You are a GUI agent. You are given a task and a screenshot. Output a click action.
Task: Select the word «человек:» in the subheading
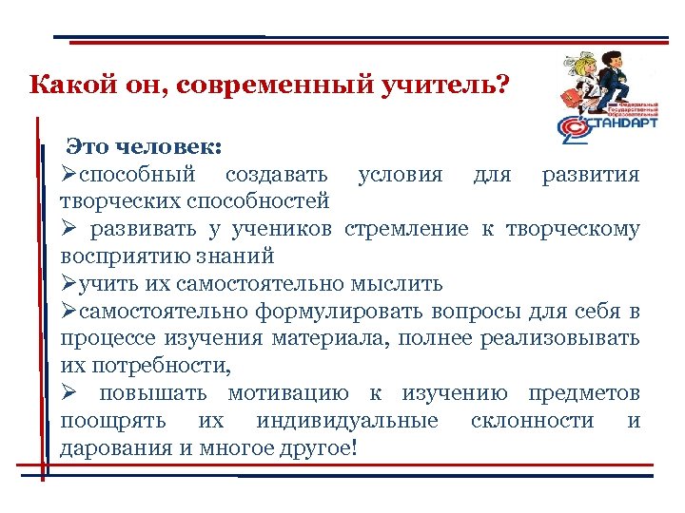pos(171,147)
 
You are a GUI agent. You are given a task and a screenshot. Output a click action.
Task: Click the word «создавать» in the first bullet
pos(277,175)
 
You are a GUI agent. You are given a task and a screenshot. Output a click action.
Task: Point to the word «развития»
pos(590,175)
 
